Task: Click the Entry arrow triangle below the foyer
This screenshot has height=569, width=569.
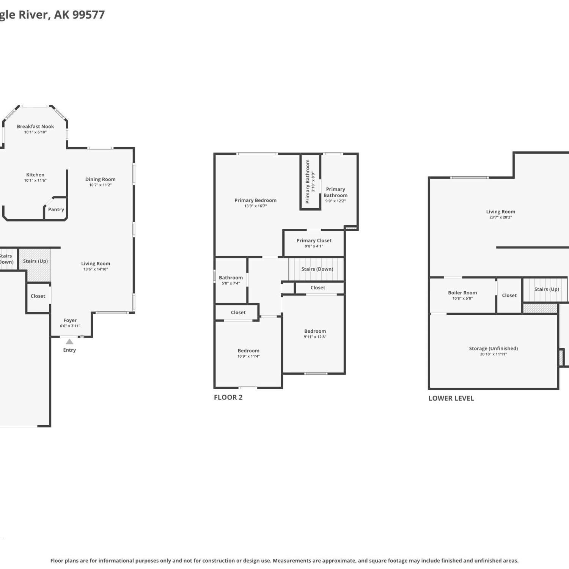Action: (69, 341)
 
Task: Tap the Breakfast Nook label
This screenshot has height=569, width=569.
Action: (35, 126)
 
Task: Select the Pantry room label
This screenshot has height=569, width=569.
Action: (56, 209)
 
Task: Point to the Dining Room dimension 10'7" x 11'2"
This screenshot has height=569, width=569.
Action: (101, 185)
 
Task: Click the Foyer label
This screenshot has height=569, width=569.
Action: (70, 320)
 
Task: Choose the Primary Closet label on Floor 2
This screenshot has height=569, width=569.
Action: (314, 240)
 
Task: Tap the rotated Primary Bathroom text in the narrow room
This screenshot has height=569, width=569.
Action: (308, 181)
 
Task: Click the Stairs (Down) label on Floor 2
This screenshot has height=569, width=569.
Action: (317, 269)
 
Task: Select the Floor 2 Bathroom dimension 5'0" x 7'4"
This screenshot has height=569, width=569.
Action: (231, 283)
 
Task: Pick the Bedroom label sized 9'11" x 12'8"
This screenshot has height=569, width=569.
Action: (315, 331)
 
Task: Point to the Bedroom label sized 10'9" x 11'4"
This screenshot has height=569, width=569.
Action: (248, 351)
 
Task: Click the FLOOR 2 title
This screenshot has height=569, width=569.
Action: (228, 397)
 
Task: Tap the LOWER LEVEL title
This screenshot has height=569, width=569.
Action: (451, 398)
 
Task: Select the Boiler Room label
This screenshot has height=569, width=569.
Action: (462, 292)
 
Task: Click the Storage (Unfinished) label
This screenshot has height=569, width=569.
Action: (494, 348)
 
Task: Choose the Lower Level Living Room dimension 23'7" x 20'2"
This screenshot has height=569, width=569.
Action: (501, 217)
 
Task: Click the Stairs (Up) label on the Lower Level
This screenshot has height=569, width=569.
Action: (547, 289)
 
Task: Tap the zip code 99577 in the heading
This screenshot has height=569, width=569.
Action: (88, 14)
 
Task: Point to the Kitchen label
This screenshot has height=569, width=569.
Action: (35, 175)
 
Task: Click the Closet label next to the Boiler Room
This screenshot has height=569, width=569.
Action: (509, 295)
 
